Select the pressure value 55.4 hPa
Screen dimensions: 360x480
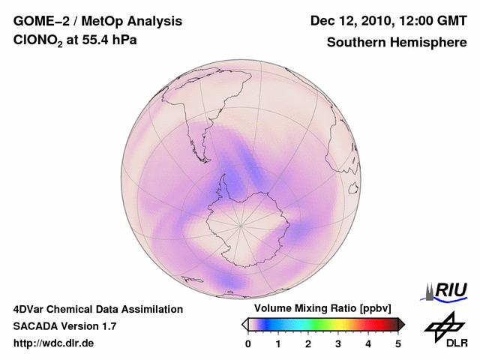tap(105, 42)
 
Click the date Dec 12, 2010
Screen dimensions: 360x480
tap(355, 21)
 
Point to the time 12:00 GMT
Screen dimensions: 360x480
tap(434, 21)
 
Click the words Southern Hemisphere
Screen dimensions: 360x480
tap(397, 43)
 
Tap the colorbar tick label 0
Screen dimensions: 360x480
tap(248, 343)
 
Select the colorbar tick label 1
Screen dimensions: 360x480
tap(278, 343)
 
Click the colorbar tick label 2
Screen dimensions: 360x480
tap(308, 343)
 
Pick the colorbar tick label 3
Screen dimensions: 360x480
tap(338, 343)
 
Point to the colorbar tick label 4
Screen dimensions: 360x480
tap(368, 343)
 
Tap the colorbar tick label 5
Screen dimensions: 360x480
tap(398, 343)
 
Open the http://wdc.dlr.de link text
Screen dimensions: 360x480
tap(54, 343)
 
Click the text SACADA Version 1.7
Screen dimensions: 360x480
tap(64, 326)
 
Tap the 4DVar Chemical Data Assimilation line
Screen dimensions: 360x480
tap(97, 309)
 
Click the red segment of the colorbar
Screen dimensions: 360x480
tap(379, 324)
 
